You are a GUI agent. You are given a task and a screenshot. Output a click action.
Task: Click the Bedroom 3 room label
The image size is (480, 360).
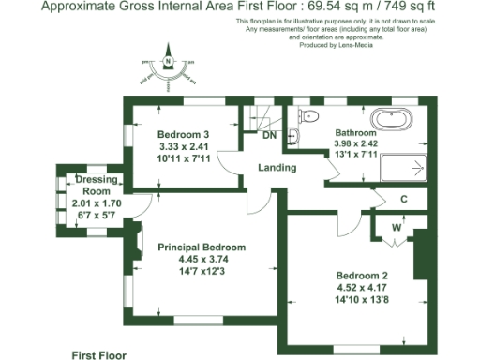pyautogui.click(x=184, y=134)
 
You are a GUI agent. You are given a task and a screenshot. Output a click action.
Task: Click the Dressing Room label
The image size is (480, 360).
pyautogui.click(x=97, y=185)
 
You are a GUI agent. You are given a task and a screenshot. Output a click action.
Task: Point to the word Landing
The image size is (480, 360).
pyautogui.click(x=278, y=168)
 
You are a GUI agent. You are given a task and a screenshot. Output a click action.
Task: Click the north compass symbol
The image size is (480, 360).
pyautogui.click(x=168, y=64)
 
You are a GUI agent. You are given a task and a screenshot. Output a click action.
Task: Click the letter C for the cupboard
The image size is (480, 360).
pyautogui.click(x=403, y=199)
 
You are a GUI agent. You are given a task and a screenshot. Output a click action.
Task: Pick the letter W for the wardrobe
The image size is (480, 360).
pyautogui.click(x=396, y=226)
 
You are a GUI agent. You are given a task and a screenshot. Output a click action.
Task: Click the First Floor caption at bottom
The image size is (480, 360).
pyautogui.click(x=98, y=354)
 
